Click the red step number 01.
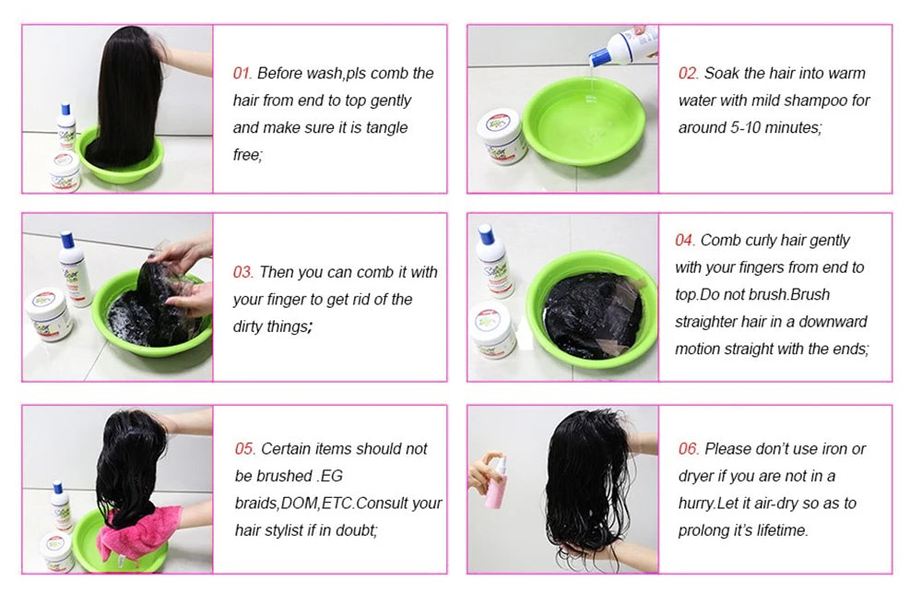point(242,74)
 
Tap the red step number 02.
point(688,74)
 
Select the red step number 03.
point(242,273)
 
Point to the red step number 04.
point(684,241)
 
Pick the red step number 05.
point(243,449)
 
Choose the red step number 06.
point(689,449)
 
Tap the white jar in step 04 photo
point(496,329)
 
